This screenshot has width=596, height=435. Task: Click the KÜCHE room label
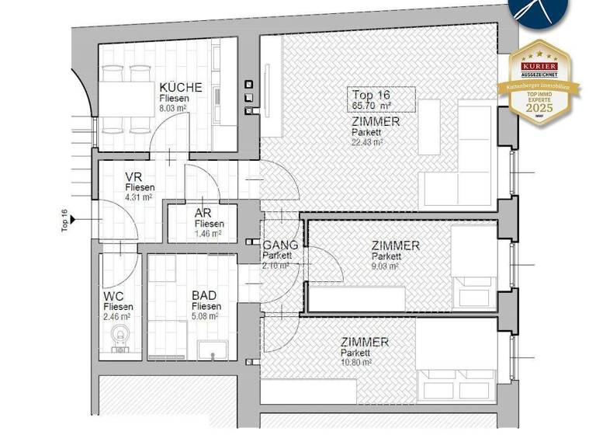point(180,88)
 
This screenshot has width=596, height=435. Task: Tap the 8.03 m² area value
point(175,110)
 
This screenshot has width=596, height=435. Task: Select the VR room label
point(133,176)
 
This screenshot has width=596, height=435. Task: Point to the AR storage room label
point(203,214)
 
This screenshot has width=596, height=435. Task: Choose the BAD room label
point(205,295)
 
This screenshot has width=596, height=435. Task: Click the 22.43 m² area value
point(367,142)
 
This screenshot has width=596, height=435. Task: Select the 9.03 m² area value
point(385,266)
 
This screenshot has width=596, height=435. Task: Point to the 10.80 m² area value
point(355,362)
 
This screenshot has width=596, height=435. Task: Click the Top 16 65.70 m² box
point(379,99)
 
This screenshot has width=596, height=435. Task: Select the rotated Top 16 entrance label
point(65,221)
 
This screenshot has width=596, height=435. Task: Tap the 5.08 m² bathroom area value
point(206,316)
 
